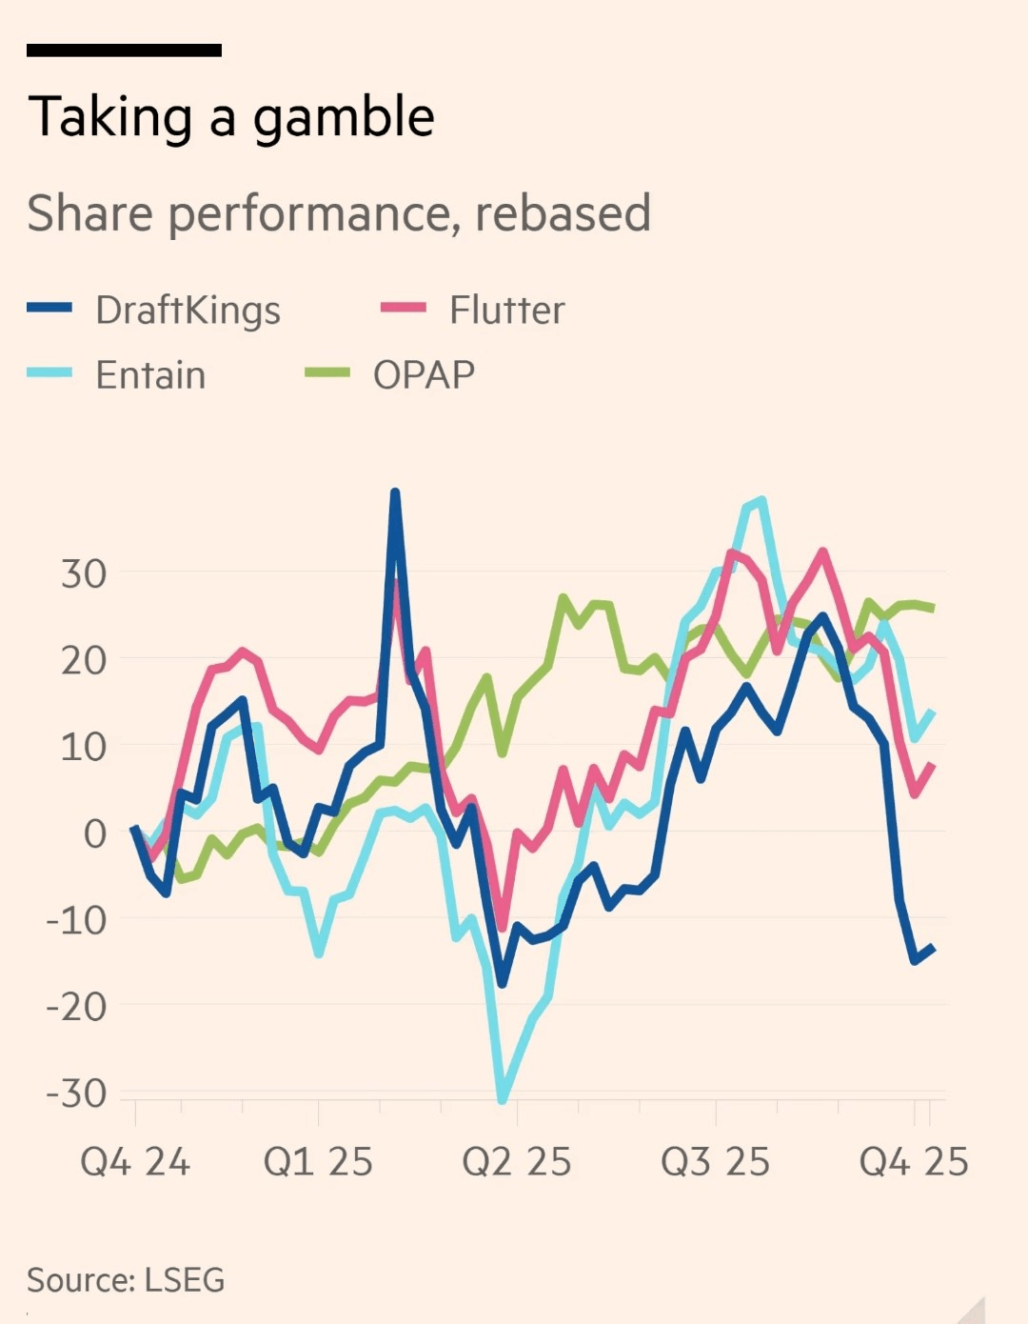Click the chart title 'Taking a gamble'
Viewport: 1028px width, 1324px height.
231,118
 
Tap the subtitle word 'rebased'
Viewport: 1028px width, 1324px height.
563,212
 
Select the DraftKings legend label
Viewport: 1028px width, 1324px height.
188,311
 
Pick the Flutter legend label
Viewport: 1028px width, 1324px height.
506,311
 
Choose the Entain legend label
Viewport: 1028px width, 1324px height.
150,375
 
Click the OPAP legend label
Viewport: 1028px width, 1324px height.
424,375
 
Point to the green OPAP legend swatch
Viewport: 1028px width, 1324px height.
326,373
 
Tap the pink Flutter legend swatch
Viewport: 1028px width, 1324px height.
403,308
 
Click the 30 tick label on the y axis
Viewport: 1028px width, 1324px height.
84,574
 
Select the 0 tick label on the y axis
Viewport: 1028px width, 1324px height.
95,833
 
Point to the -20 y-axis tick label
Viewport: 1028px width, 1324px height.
76,1007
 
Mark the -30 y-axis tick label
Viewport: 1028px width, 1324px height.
76,1093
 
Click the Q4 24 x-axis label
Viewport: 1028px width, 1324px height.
135,1162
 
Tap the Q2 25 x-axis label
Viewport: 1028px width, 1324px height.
516,1162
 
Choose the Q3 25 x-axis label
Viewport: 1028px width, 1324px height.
715,1162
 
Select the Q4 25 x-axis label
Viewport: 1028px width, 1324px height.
914,1162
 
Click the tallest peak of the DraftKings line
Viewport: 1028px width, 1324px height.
395,492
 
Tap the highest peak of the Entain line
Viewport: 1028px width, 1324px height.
761,500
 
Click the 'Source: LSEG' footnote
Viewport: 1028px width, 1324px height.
126,1280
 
